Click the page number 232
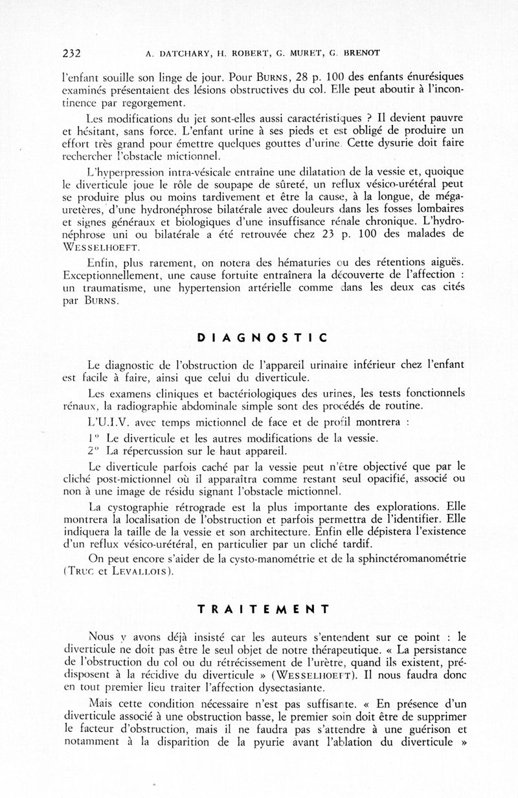[71, 53]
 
